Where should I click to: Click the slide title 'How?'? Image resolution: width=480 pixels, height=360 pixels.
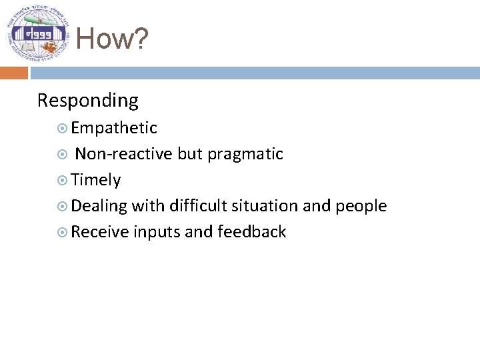click(112, 39)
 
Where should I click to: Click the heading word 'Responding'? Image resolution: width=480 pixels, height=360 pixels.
click(88, 101)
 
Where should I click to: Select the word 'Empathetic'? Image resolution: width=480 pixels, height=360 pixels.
click(114, 128)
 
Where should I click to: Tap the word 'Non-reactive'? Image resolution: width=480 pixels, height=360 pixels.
click(124, 154)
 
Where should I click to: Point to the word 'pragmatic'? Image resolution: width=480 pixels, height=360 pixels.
click(245, 155)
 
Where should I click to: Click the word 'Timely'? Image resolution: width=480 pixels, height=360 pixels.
click(96, 180)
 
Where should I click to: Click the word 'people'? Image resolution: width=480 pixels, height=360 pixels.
click(361, 206)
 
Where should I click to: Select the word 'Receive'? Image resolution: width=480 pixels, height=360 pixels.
click(99, 232)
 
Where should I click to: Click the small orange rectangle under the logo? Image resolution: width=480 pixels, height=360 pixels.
click(14, 72)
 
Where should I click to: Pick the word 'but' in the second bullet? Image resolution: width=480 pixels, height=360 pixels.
click(191, 154)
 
